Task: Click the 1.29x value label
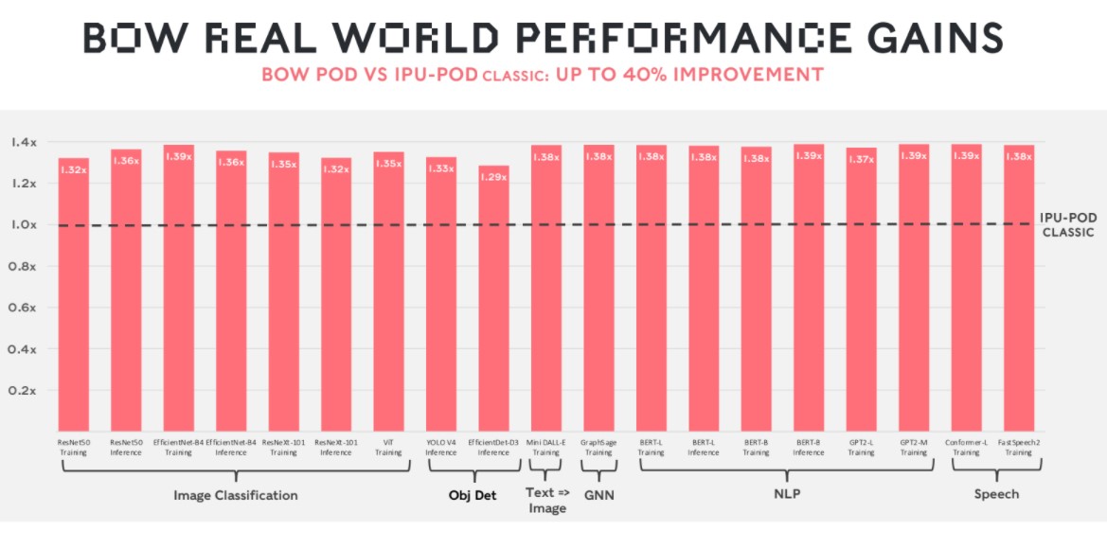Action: (493, 176)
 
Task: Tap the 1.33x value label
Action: (440, 168)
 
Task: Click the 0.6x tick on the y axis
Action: (24, 308)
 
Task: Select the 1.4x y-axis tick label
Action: (24, 142)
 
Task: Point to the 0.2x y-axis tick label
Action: (24, 390)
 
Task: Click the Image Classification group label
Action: (236, 495)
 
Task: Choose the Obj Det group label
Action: (473, 494)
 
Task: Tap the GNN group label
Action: (598, 494)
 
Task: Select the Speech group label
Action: (997, 494)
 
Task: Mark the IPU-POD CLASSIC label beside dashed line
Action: (1068, 223)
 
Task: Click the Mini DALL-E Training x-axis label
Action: (545, 447)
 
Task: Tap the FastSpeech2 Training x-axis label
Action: (1018, 447)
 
